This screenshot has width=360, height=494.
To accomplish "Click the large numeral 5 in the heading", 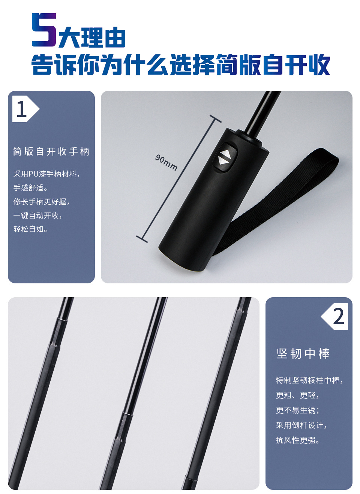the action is point(44,30).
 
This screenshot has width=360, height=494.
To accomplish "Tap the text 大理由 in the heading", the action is point(92,37).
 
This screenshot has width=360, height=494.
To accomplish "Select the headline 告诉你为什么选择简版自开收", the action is point(181,64).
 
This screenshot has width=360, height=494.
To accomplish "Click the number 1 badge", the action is point(26,109).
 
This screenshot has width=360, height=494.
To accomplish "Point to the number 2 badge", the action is point(334,316).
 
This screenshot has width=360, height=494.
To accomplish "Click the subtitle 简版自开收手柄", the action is point(51,152).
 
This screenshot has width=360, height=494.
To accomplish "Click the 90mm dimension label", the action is point(166,162).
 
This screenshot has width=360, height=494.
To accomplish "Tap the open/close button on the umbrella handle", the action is point(225,157).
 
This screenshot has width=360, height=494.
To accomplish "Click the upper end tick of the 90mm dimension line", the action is point(215,119).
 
